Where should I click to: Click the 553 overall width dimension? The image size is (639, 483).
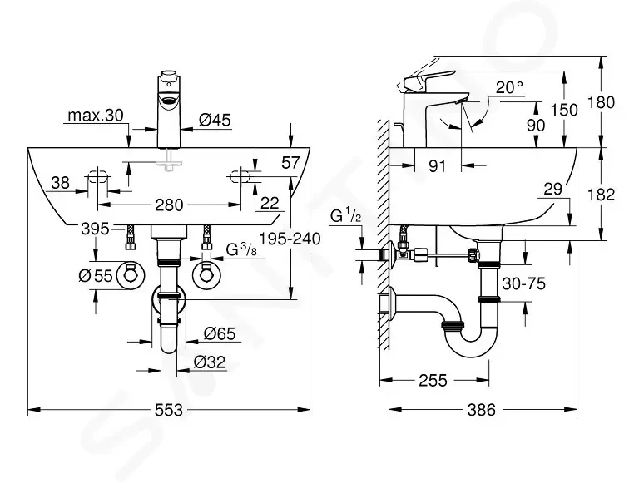[169, 410]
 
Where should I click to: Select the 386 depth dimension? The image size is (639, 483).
[481, 410]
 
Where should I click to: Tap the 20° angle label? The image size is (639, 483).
[509, 86]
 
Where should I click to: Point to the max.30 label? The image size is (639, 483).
[96, 116]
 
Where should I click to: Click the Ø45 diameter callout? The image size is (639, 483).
[215, 121]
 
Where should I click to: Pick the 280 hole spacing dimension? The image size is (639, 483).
[169, 205]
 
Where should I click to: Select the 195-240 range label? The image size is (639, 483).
[290, 239]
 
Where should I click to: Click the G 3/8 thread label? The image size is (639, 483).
[241, 249]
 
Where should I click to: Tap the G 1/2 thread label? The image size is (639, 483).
[345, 216]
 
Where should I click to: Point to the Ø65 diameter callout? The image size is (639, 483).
[220, 334]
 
